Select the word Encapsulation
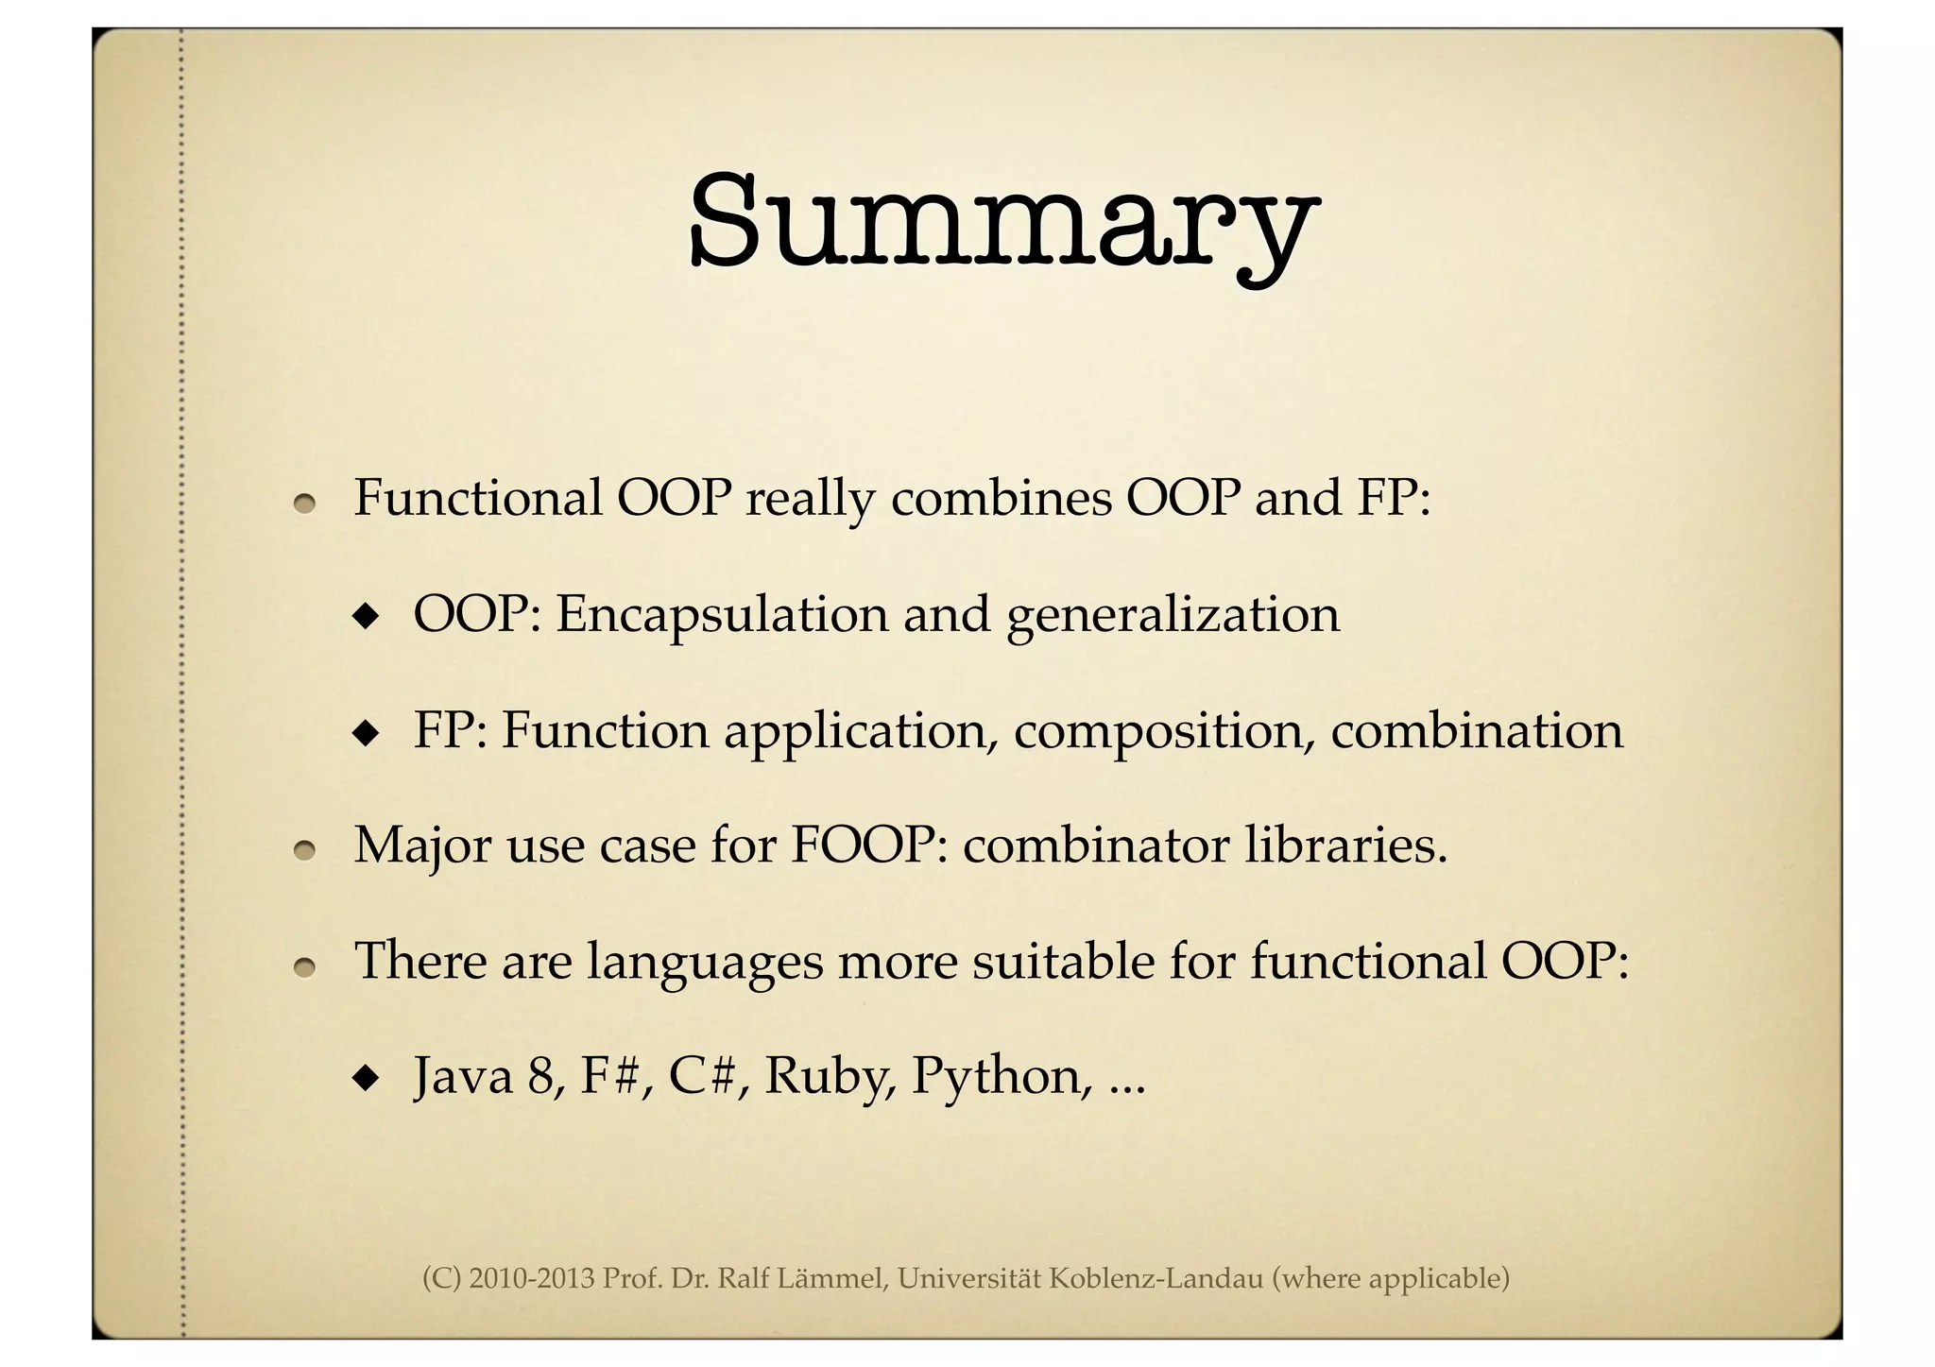click(722, 614)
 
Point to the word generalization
click(1173, 616)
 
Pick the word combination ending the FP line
click(1476, 730)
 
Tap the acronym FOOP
click(868, 845)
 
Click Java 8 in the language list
click(490, 1077)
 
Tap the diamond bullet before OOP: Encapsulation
click(364, 618)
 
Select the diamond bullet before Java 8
click(364, 1078)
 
